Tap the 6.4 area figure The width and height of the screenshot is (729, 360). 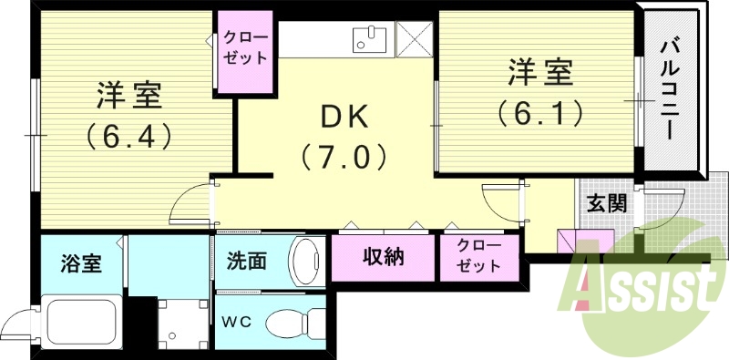click(x=128, y=138)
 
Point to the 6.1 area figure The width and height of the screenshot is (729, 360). click(x=539, y=113)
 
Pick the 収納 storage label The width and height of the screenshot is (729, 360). click(x=383, y=258)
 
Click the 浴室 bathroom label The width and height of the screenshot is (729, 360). click(x=81, y=262)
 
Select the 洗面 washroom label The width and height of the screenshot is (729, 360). click(x=246, y=261)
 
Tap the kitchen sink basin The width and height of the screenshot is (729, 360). click(x=369, y=39)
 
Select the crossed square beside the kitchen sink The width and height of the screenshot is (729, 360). click(x=413, y=38)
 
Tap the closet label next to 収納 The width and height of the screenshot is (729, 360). click(x=478, y=257)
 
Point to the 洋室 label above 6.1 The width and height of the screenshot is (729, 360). click(x=539, y=71)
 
